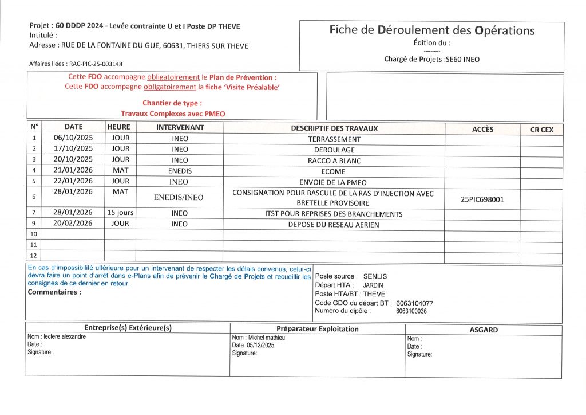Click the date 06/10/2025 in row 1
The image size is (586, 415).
(x=73, y=138)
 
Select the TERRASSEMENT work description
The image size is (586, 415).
(x=334, y=139)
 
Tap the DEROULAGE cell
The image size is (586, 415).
(x=334, y=150)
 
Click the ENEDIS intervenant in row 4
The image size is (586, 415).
(x=180, y=171)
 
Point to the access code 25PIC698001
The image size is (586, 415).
(x=482, y=199)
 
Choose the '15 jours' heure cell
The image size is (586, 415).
(x=120, y=213)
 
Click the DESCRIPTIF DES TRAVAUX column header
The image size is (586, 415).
(x=334, y=128)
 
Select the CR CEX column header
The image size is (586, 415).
(x=541, y=130)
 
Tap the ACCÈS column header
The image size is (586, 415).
(x=482, y=129)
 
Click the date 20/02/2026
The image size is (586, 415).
(x=73, y=224)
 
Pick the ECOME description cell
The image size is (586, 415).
(x=334, y=171)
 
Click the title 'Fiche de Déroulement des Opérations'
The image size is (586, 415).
(x=431, y=30)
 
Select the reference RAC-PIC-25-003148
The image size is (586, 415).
(x=96, y=64)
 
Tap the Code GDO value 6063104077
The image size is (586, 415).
(x=414, y=303)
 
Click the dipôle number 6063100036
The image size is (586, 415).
(x=411, y=311)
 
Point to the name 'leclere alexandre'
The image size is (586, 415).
(x=65, y=336)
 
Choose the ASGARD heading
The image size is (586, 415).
(x=483, y=330)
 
